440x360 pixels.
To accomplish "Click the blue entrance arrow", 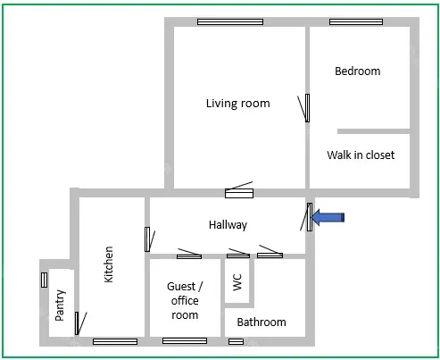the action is [328, 217].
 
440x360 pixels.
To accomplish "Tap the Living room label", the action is [238, 104].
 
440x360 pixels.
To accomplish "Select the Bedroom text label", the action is [358, 71].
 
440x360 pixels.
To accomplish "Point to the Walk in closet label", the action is [361, 155].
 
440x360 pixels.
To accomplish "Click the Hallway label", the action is [228, 225].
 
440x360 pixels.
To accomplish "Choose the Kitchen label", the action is [109, 264].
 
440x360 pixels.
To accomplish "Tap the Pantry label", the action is [60, 305].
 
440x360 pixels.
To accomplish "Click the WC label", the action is [237, 282].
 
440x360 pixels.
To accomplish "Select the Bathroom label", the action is [262, 322].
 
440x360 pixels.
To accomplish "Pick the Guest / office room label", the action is [185, 300].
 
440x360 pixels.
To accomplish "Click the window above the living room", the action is [230, 21].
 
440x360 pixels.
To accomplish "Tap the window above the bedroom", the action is [356, 21].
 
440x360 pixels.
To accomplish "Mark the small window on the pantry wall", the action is [44, 280].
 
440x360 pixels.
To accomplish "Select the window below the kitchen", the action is [115, 341].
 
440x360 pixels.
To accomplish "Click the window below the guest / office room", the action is [185, 340].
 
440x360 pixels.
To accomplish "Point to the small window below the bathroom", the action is [236, 341].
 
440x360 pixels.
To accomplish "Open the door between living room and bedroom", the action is [307, 108].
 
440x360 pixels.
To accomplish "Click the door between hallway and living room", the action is [239, 193].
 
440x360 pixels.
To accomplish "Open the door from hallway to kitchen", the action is [147, 239].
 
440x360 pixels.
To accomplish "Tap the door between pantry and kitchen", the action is [77, 323].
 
